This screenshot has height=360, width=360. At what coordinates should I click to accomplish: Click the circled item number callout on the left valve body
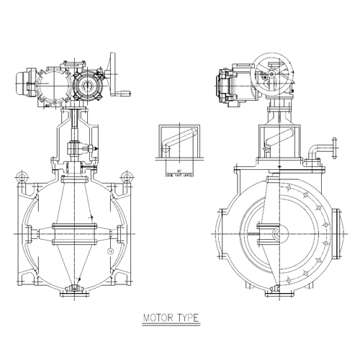click(x=109, y=251)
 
